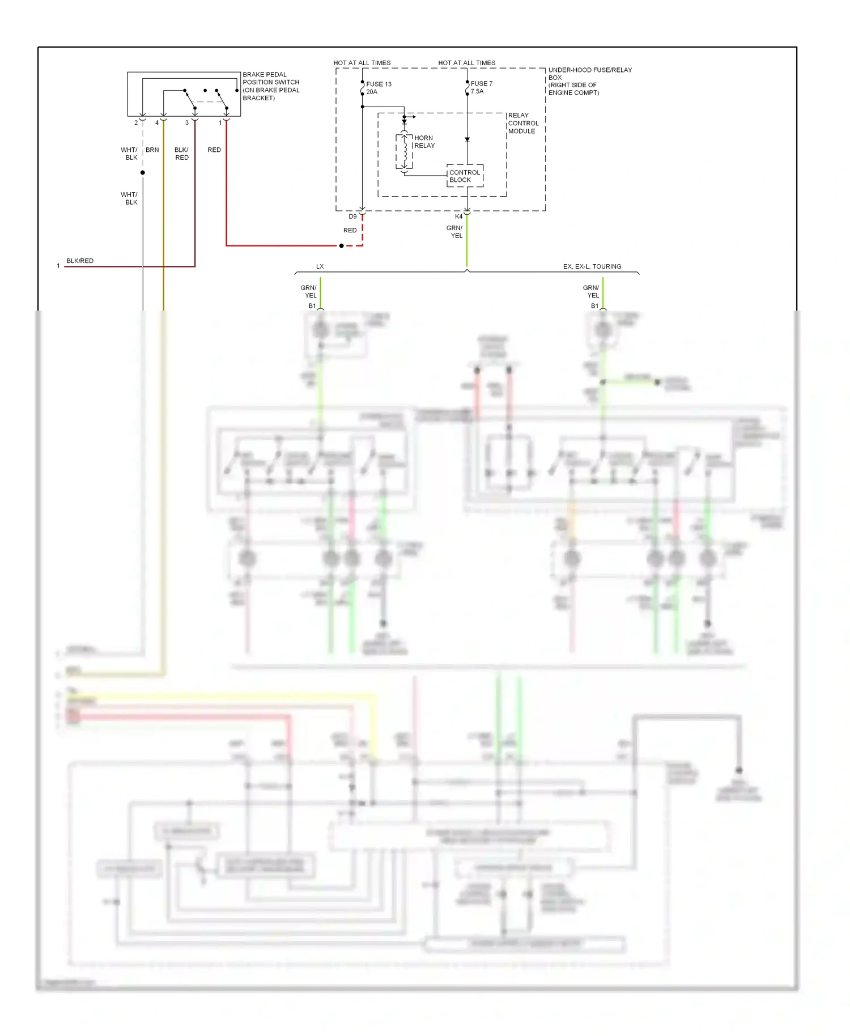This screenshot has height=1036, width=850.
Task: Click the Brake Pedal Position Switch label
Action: (270, 86)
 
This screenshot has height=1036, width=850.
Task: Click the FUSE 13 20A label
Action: (378, 88)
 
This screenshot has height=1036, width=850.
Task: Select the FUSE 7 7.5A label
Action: (481, 87)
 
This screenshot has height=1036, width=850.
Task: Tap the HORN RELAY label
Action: (424, 142)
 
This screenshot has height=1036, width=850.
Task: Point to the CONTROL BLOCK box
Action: (465, 176)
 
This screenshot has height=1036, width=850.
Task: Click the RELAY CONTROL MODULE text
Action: (522, 123)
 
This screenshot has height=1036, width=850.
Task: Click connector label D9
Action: (352, 216)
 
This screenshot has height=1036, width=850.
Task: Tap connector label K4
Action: (458, 216)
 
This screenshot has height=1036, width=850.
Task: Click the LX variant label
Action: (320, 266)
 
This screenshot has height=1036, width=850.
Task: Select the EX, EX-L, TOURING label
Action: (592, 266)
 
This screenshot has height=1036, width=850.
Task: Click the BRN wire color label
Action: (152, 150)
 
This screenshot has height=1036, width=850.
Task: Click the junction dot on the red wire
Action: (341, 246)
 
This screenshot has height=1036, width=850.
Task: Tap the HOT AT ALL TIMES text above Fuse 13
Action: (362, 63)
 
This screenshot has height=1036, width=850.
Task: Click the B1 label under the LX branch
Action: (312, 306)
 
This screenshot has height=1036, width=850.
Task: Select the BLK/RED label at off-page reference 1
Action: (80, 261)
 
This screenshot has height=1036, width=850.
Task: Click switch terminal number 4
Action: (157, 123)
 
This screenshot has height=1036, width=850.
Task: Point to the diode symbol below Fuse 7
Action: (467, 139)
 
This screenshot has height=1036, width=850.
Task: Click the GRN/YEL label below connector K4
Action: (454, 232)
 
